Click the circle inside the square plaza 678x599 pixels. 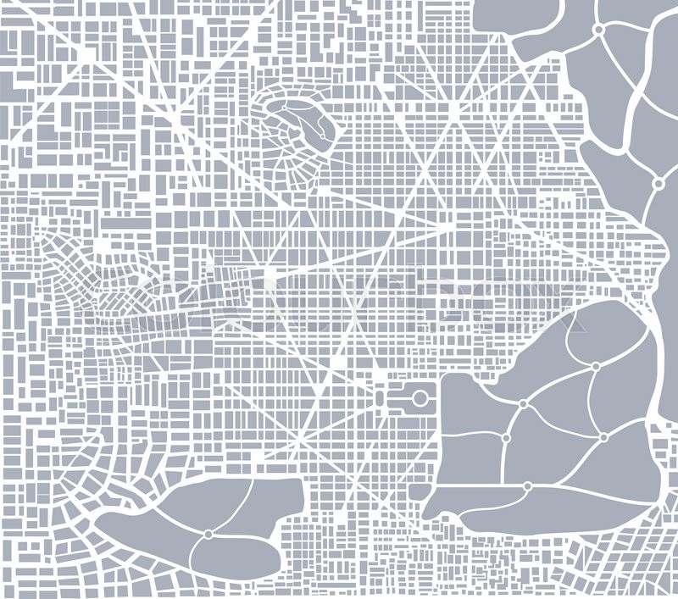click(x=420, y=397)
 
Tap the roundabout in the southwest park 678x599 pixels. click(x=208, y=534)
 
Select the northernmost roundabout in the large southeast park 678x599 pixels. click(x=596, y=367)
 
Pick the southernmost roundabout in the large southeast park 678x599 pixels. click(x=527, y=486)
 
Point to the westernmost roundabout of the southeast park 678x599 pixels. click(x=505, y=438)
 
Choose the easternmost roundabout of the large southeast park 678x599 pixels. click(x=603, y=437)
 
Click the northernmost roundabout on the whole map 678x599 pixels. click(x=598, y=30)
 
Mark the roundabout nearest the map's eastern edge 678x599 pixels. click(x=658, y=183)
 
